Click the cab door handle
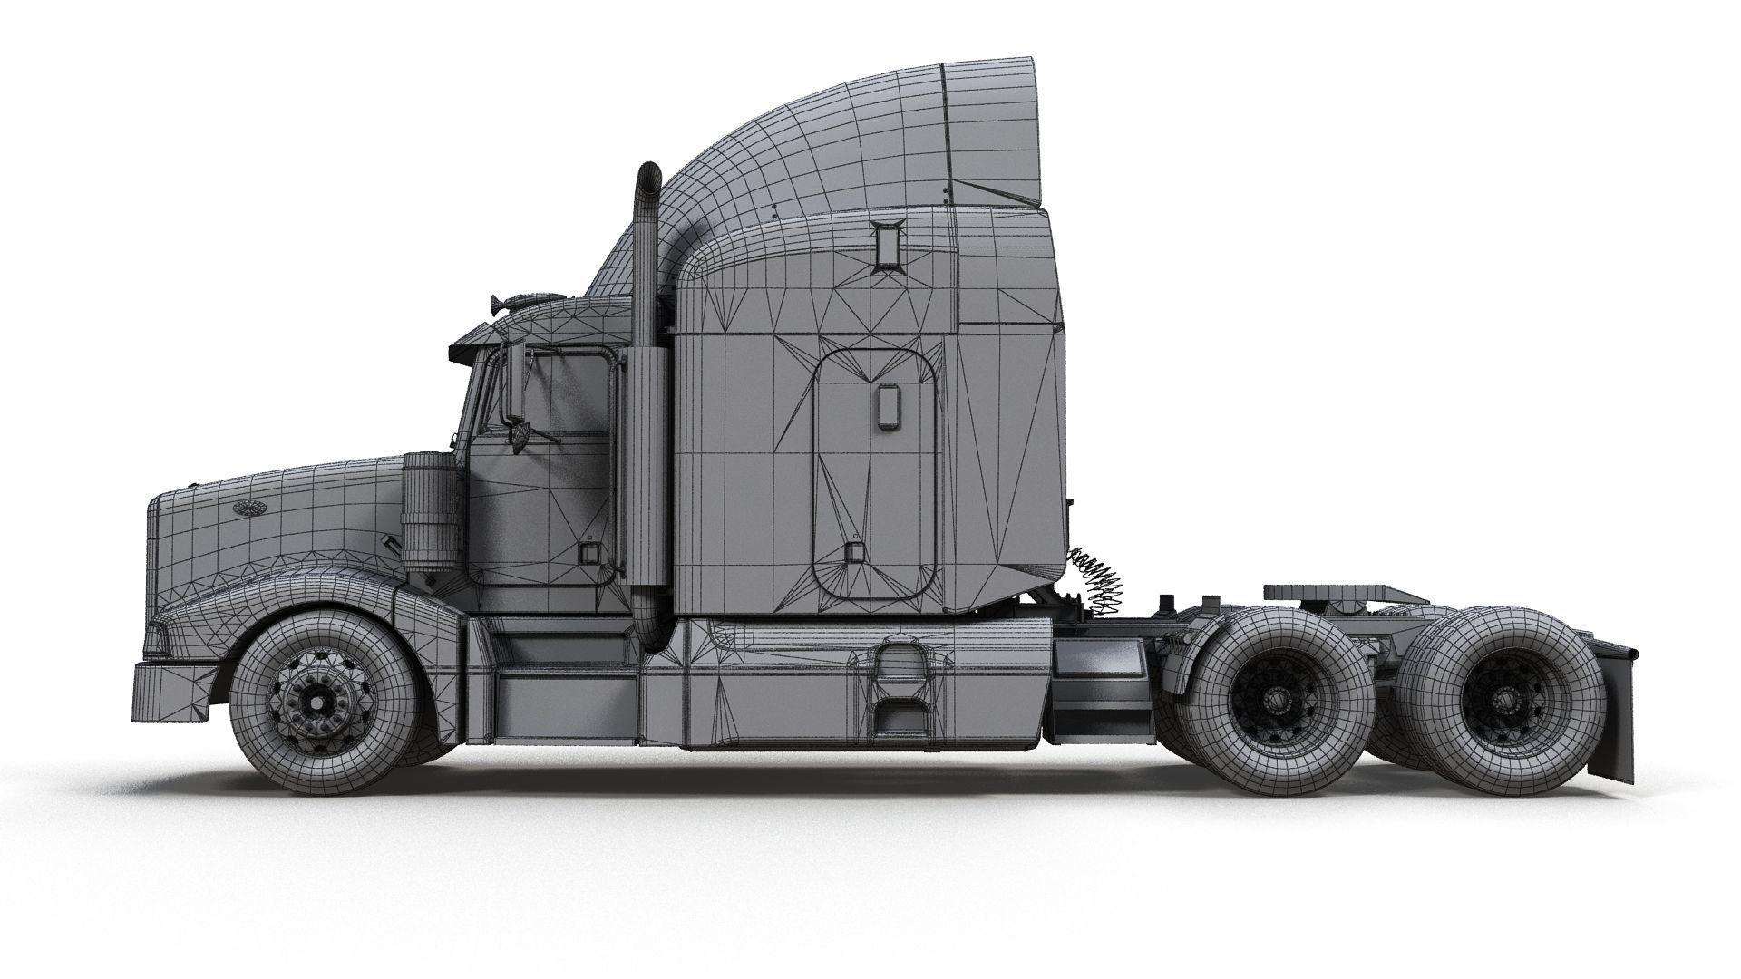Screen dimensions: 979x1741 tap(592, 554)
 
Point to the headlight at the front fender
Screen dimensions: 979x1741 tap(172, 625)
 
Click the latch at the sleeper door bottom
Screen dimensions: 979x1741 tap(851, 554)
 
